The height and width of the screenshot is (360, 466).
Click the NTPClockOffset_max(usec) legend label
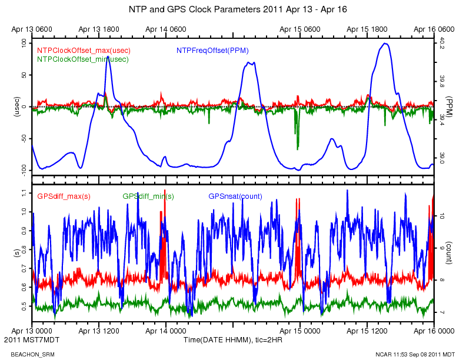coord(84,51)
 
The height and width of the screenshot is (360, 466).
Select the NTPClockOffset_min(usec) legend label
coord(82,59)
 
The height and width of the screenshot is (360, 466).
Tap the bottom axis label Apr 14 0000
coord(166,331)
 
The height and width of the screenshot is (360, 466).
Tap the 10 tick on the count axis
coord(442,216)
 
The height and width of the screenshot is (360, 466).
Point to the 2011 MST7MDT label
coord(27,340)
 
